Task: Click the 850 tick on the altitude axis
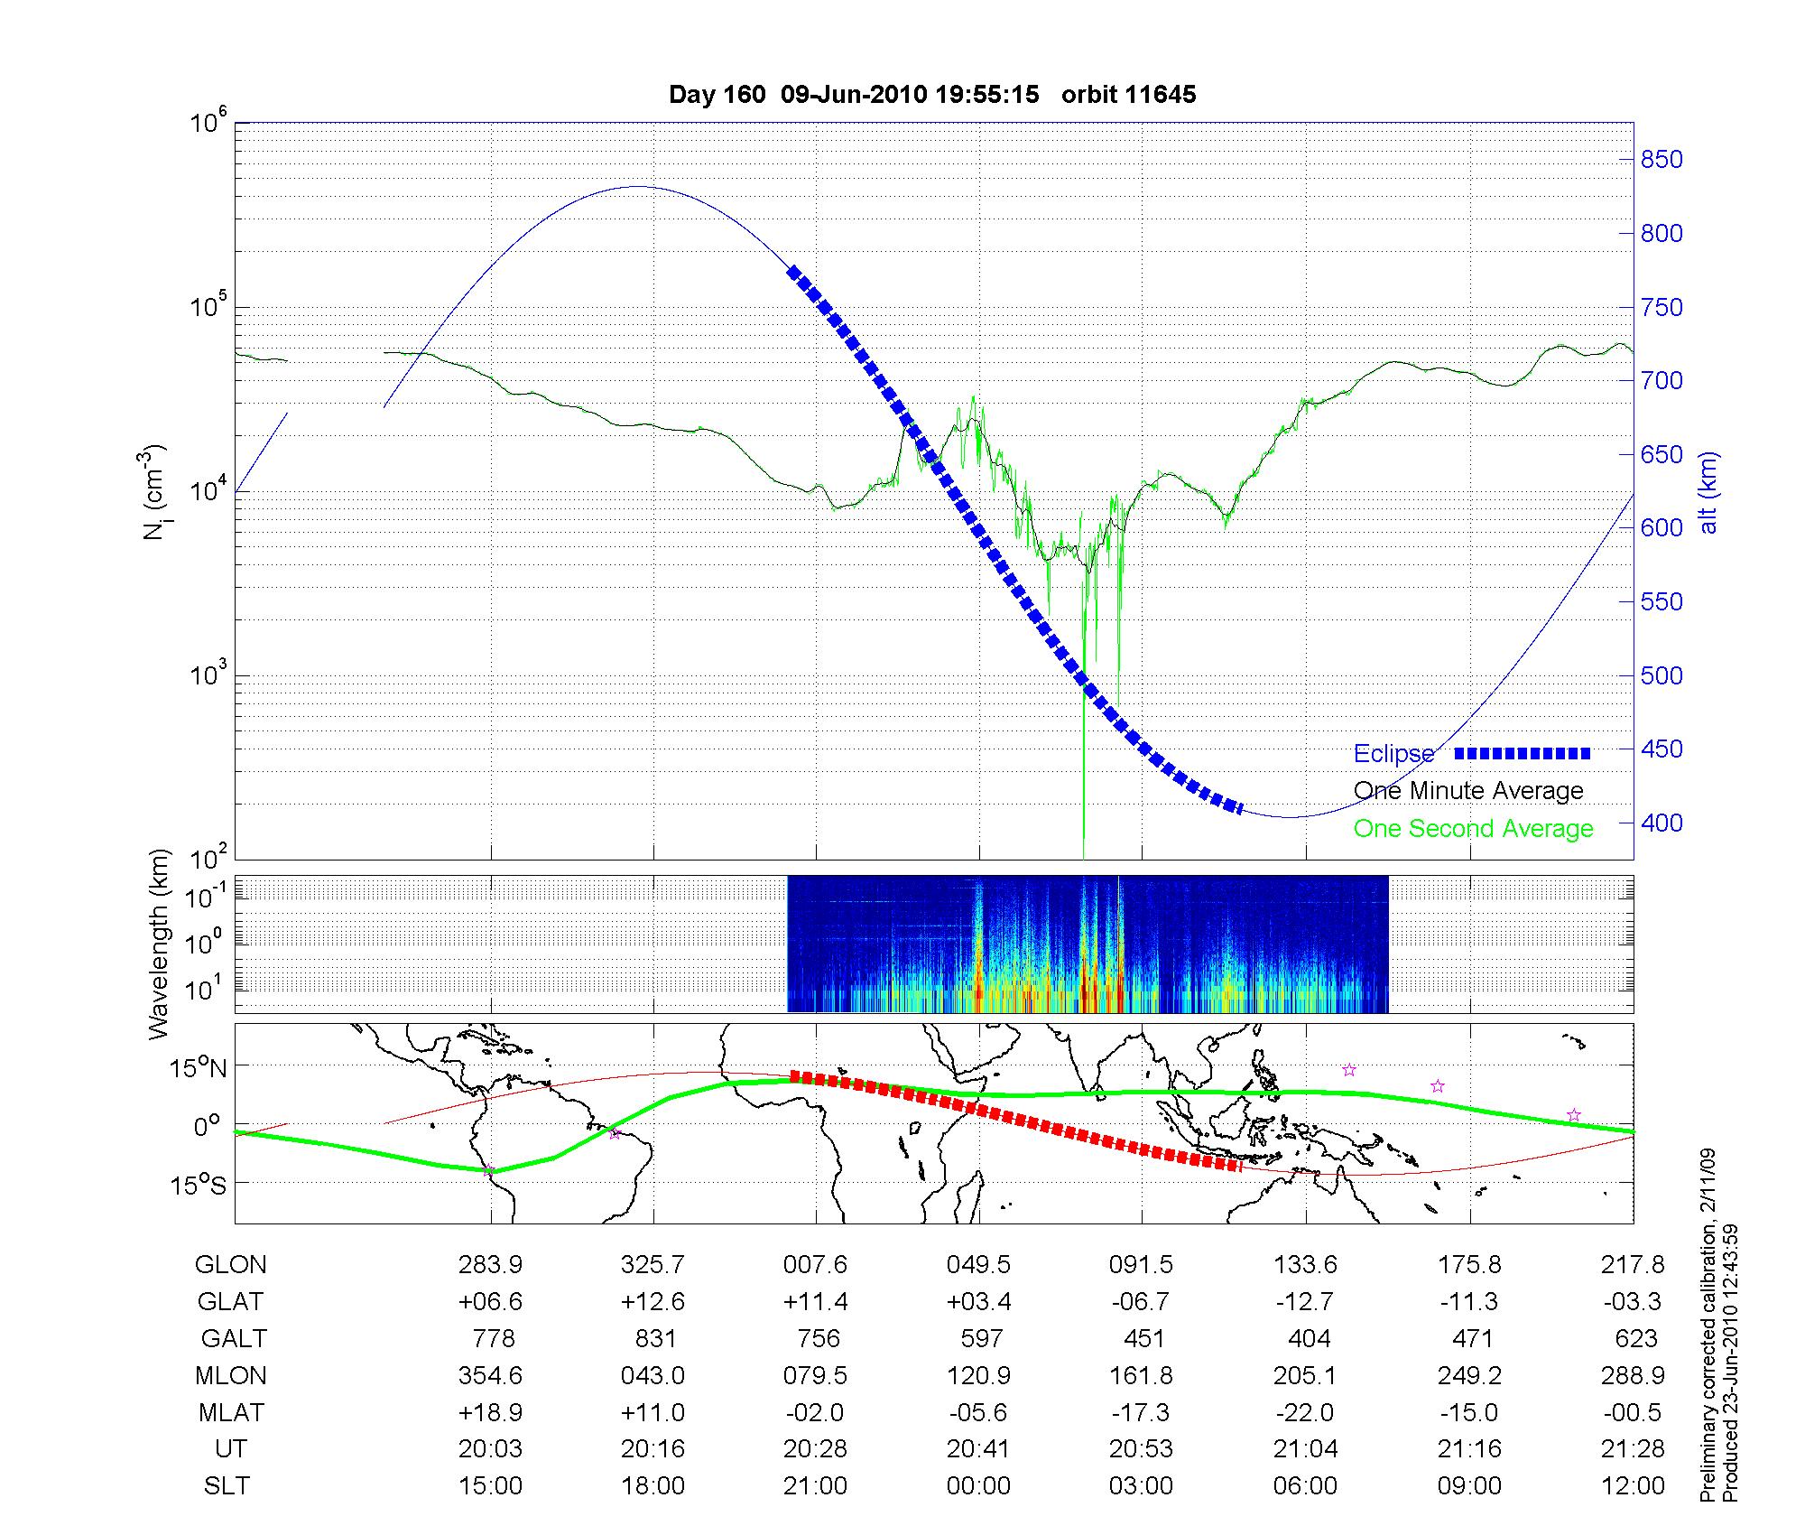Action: [x=1662, y=160]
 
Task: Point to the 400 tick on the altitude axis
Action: [x=1662, y=823]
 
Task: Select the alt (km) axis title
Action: [x=1708, y=492]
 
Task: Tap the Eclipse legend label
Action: [x=1393, y=753]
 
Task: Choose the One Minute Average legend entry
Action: [x=1468, y=791]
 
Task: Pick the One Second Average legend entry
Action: [x=1473, y=828]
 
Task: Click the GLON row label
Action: [x=230, y=1264]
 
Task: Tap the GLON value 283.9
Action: [x=490, y=1264]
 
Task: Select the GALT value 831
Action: [x=653, y=1338]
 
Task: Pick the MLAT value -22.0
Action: [x=1305, y=1412]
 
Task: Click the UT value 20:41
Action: [x=978, y=1448]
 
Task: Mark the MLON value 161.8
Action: [x=1142, y=1375]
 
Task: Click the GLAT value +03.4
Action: [x=978, y=1301]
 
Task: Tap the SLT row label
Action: [x=227, y=1485]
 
